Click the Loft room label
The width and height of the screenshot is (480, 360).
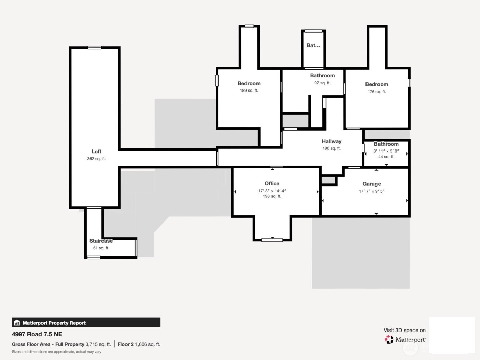point(96,152)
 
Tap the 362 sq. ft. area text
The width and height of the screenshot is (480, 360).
point(96,159)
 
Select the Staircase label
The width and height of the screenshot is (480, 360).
point(101,241)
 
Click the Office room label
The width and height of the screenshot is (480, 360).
point(272,184)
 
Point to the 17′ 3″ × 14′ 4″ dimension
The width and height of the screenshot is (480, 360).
point(272,191)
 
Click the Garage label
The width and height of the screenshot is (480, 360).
point(372,184)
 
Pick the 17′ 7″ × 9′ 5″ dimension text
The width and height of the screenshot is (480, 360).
point(372,191)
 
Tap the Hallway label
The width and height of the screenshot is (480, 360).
point(332,141)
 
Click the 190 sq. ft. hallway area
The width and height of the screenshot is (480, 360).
point(332,148)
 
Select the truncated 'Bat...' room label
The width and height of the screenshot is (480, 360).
point(313,45)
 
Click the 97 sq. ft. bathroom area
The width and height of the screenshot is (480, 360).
point(323,83)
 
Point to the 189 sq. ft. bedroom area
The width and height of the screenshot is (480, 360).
point(249,91)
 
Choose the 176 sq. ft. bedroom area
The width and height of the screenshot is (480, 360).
point(377,92)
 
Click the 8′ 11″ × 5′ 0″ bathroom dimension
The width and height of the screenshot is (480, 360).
point(386,151)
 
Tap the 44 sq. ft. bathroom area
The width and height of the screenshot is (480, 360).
point(386,157)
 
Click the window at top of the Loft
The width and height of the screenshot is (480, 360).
point(95,48)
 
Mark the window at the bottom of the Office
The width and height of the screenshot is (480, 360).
point(272,240)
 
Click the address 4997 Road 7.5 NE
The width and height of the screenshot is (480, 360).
point(37,334)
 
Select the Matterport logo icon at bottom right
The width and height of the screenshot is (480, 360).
point(389,339)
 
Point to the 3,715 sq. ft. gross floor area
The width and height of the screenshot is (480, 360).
point(98,344)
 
